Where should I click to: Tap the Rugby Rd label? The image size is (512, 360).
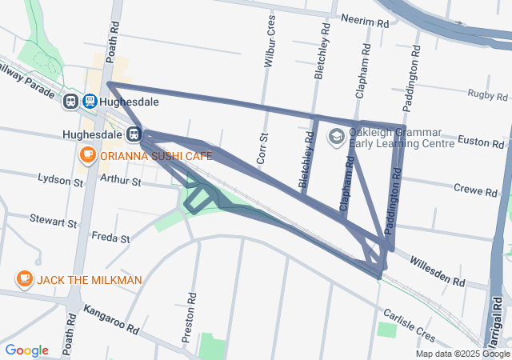click(x=488, y=94)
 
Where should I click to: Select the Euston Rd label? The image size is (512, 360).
click(x=480, y=142)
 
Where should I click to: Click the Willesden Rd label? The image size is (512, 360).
click(x=437, y=271)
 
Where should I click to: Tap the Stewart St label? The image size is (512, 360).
click(x=54, y=218)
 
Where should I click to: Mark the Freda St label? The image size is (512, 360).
click(x=105, y=237)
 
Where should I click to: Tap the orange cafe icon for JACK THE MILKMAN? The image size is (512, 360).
click(x=25, y=279)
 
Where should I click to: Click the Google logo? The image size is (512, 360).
click(x=26, y=350)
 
